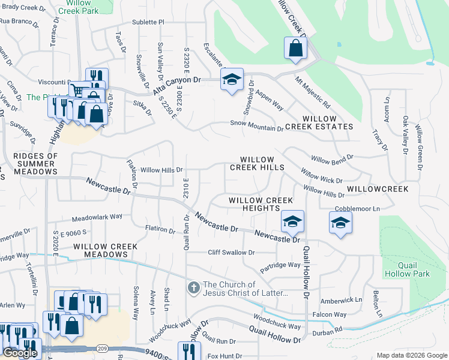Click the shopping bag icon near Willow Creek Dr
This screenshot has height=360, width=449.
tap(295, 49)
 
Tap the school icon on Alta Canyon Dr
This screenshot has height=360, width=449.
tap(232, 80)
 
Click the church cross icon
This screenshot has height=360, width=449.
tap(193, 288)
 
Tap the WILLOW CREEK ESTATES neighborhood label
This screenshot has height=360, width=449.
tap(319, 123)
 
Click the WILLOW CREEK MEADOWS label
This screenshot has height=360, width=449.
tap(106, 251)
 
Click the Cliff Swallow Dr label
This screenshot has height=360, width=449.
tap(231, 253)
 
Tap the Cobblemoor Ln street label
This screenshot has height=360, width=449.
tap(358, 208)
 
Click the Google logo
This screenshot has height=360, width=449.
tap(20, 353)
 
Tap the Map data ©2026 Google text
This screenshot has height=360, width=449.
tap(411, 355)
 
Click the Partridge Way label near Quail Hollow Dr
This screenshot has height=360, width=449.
tap(280, 265)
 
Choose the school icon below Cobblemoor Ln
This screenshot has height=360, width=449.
tap(340, 223)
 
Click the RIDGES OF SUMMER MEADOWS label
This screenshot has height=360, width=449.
tap(35, 164)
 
